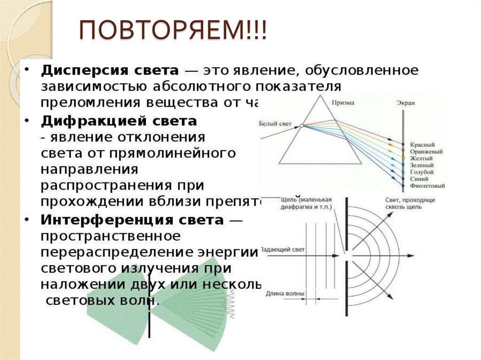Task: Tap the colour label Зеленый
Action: pos(422,165)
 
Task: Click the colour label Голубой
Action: pos(421,172)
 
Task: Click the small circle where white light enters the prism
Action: pos(302,125)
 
